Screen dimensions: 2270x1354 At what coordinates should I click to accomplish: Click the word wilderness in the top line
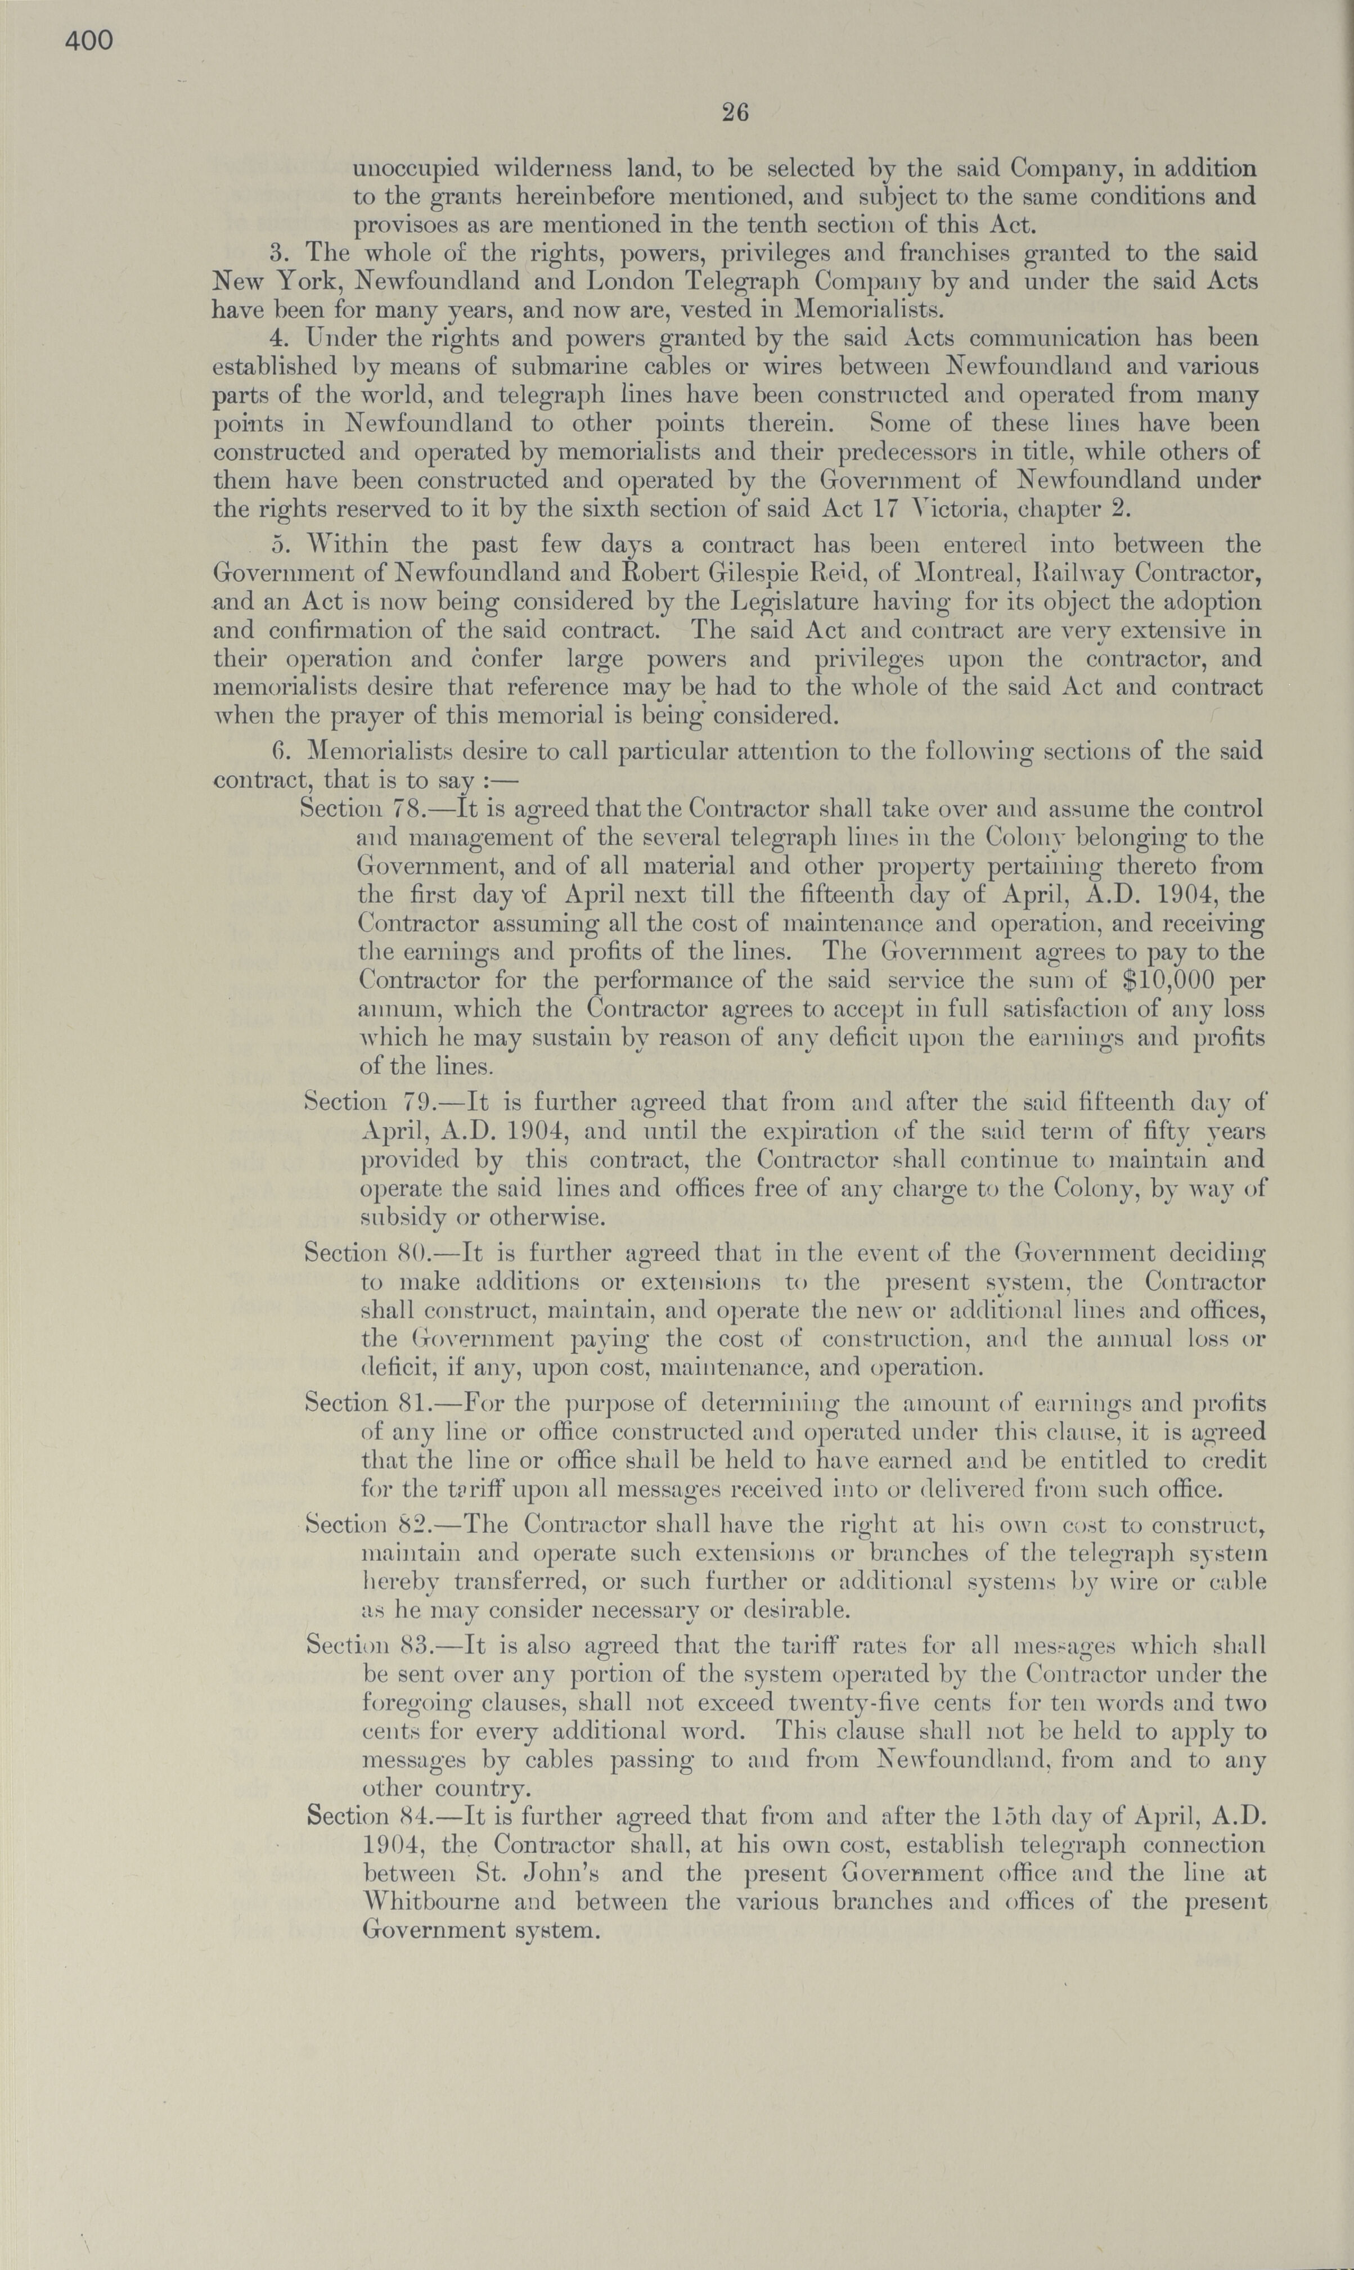pyautogui.click(x=549, y=169)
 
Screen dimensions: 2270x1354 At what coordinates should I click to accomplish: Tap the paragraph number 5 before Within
pyautogui.click(x=279, y=546)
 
